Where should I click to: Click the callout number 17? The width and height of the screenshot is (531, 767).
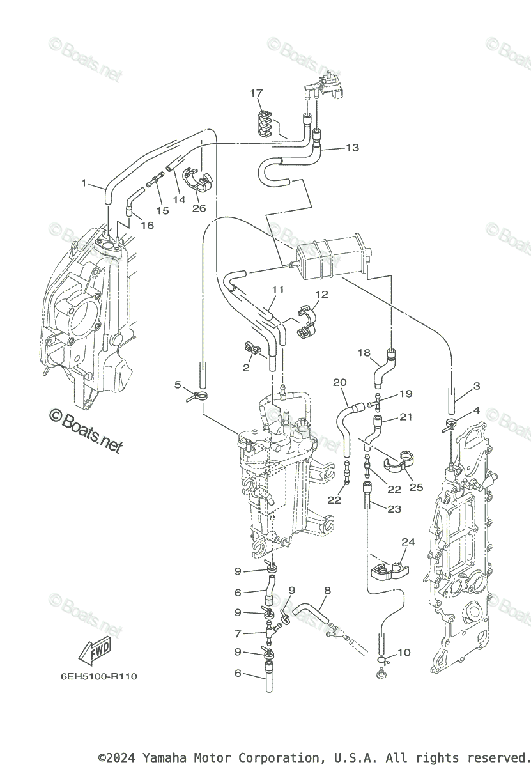(x=256, y=93)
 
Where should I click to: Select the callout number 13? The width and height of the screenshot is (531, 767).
(x=352, y=148)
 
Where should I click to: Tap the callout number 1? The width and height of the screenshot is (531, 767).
(x=83, y=183)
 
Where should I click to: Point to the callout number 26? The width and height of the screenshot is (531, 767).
(x=199, y=208)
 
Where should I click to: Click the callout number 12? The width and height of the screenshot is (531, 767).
(x=321, y=295)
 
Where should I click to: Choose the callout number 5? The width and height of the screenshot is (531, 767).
(x=178, y=385)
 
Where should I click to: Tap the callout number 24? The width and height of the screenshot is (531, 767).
(x=408, y=542)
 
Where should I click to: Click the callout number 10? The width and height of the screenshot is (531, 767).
(x=404, y=653)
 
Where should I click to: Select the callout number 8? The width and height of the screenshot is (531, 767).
(x=327, y=591)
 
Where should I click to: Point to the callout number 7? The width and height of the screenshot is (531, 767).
(x=238, y=634)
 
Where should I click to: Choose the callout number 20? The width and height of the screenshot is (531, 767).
(x=339, y=382)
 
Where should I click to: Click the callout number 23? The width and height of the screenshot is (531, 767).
(x=394, y=509)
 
